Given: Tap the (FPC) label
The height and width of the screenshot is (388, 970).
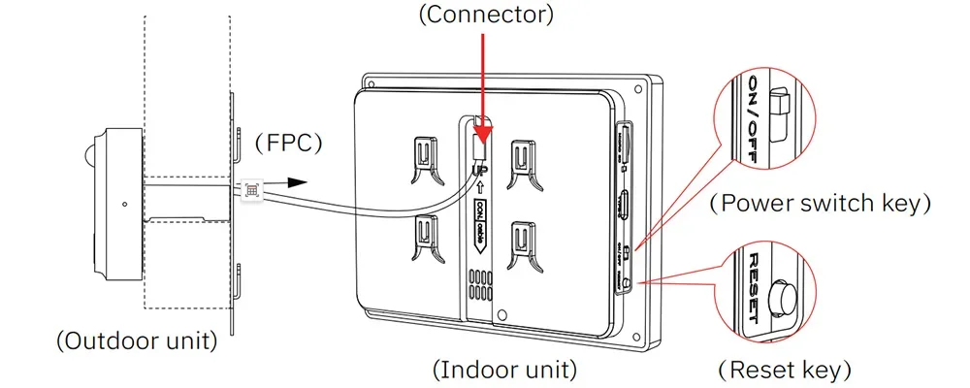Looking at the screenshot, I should [x=288, y=142].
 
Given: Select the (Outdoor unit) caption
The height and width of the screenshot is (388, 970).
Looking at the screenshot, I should [x=136, y=341].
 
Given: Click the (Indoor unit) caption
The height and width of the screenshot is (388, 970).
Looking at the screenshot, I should [x=504, y=370].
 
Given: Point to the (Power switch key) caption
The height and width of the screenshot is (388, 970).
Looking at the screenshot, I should [x=821, y=204].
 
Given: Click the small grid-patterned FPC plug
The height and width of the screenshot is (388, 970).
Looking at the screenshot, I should [x=252, y=190].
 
